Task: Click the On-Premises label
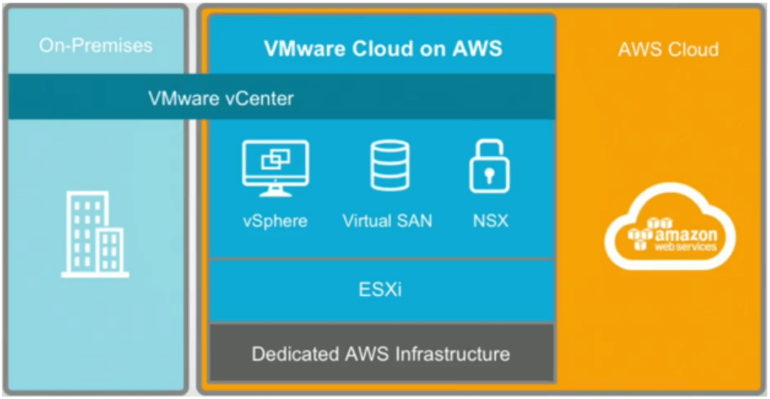click(x=95, y=45)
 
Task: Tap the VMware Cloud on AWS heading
click(x=383, y=48)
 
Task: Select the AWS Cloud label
click(x=668, y=49)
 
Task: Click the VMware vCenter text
click(x=221, y=98)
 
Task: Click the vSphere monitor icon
click(x=275, y=168)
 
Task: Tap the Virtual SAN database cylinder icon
click(x=388, y=167)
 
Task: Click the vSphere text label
click(x=275, y=221)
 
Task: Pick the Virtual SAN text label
click(x=387, y=221)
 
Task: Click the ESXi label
click(x=383, y=290)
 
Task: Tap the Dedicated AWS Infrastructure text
click(x=381, y=354)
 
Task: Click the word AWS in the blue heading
click(x=477, y=48)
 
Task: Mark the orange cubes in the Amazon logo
click(x=642, y=232)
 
